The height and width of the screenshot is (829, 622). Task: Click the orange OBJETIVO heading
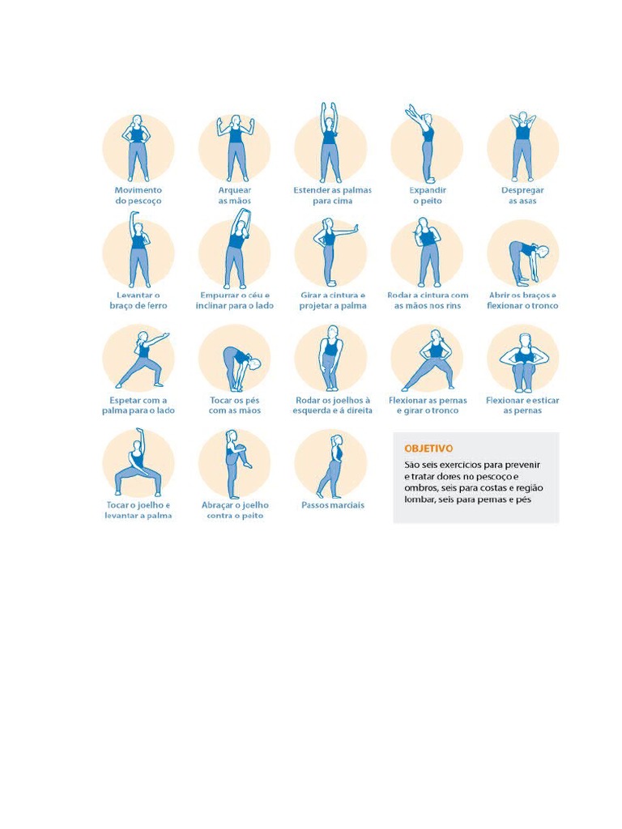point(428,449)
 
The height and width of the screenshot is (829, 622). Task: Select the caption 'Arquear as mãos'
point(235,196)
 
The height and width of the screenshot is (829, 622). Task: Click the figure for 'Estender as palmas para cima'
point(329,142)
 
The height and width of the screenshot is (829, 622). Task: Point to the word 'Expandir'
point(428,190)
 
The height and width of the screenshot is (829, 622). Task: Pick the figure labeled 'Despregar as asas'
point(522,147)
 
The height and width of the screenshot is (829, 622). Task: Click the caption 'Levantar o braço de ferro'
point(138,300)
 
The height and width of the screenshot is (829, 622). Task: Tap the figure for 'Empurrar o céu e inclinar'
point(238,249)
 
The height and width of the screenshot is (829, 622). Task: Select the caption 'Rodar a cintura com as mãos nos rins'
point(428,300)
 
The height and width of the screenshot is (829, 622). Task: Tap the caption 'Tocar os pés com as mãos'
point(235,406)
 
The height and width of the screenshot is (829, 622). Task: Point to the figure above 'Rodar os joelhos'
point(330,358)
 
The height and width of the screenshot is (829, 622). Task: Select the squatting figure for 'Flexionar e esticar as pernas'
point(522,363)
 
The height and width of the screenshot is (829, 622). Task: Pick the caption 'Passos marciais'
point(333,505)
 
